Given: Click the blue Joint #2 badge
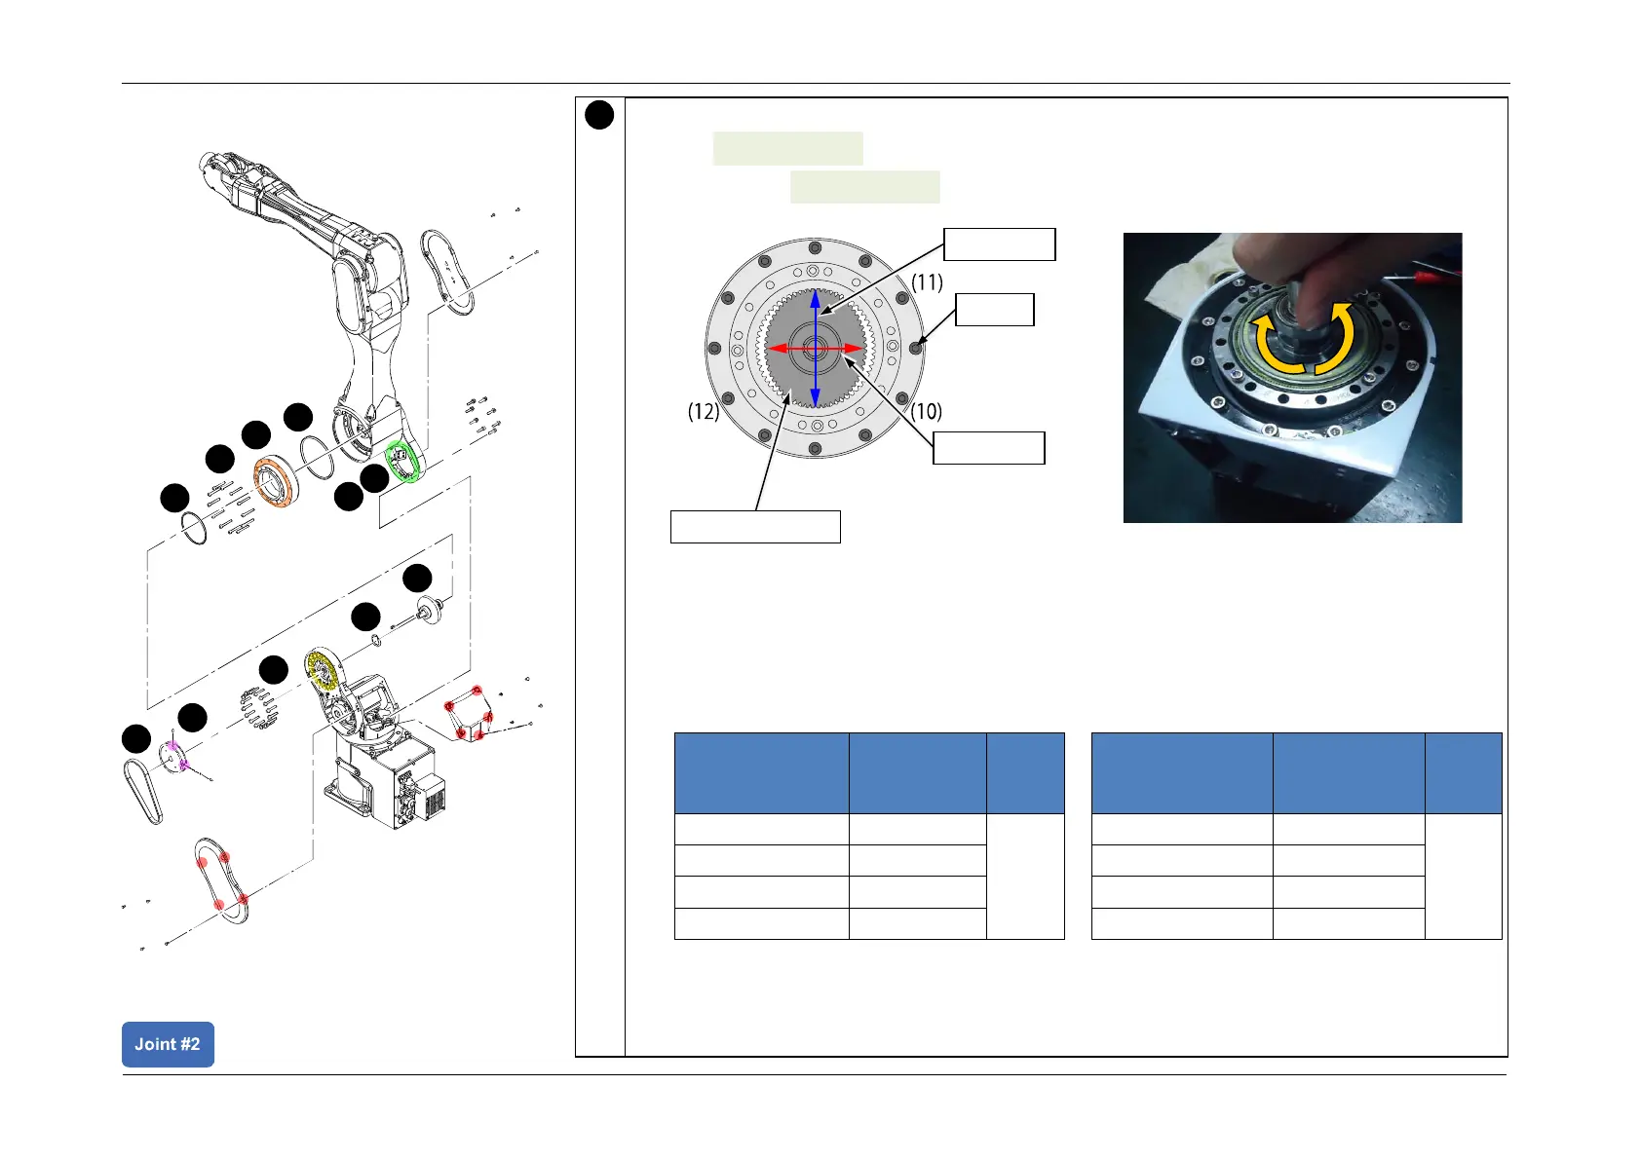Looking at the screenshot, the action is pyautogui.click(x=168, y=1044).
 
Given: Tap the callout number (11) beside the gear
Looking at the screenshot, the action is pyautogui.click(x=927, y=282).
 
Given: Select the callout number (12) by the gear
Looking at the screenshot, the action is pyautogui.click(x=704, y=411).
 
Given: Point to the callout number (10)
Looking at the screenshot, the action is pyautogui.click(x=927, y=411).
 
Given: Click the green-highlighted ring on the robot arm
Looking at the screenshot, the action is pyautogui.click(x=402, y=461).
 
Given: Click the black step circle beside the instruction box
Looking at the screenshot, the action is pyautogui.click(x=599, y=115).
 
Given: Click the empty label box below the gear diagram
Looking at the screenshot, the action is pyautogui.click(x=755, y=526).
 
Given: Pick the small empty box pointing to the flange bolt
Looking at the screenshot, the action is pyautogui.click(x=994, y=310).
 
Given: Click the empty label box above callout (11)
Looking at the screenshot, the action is pyautogui.click(x=1000, y=244).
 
